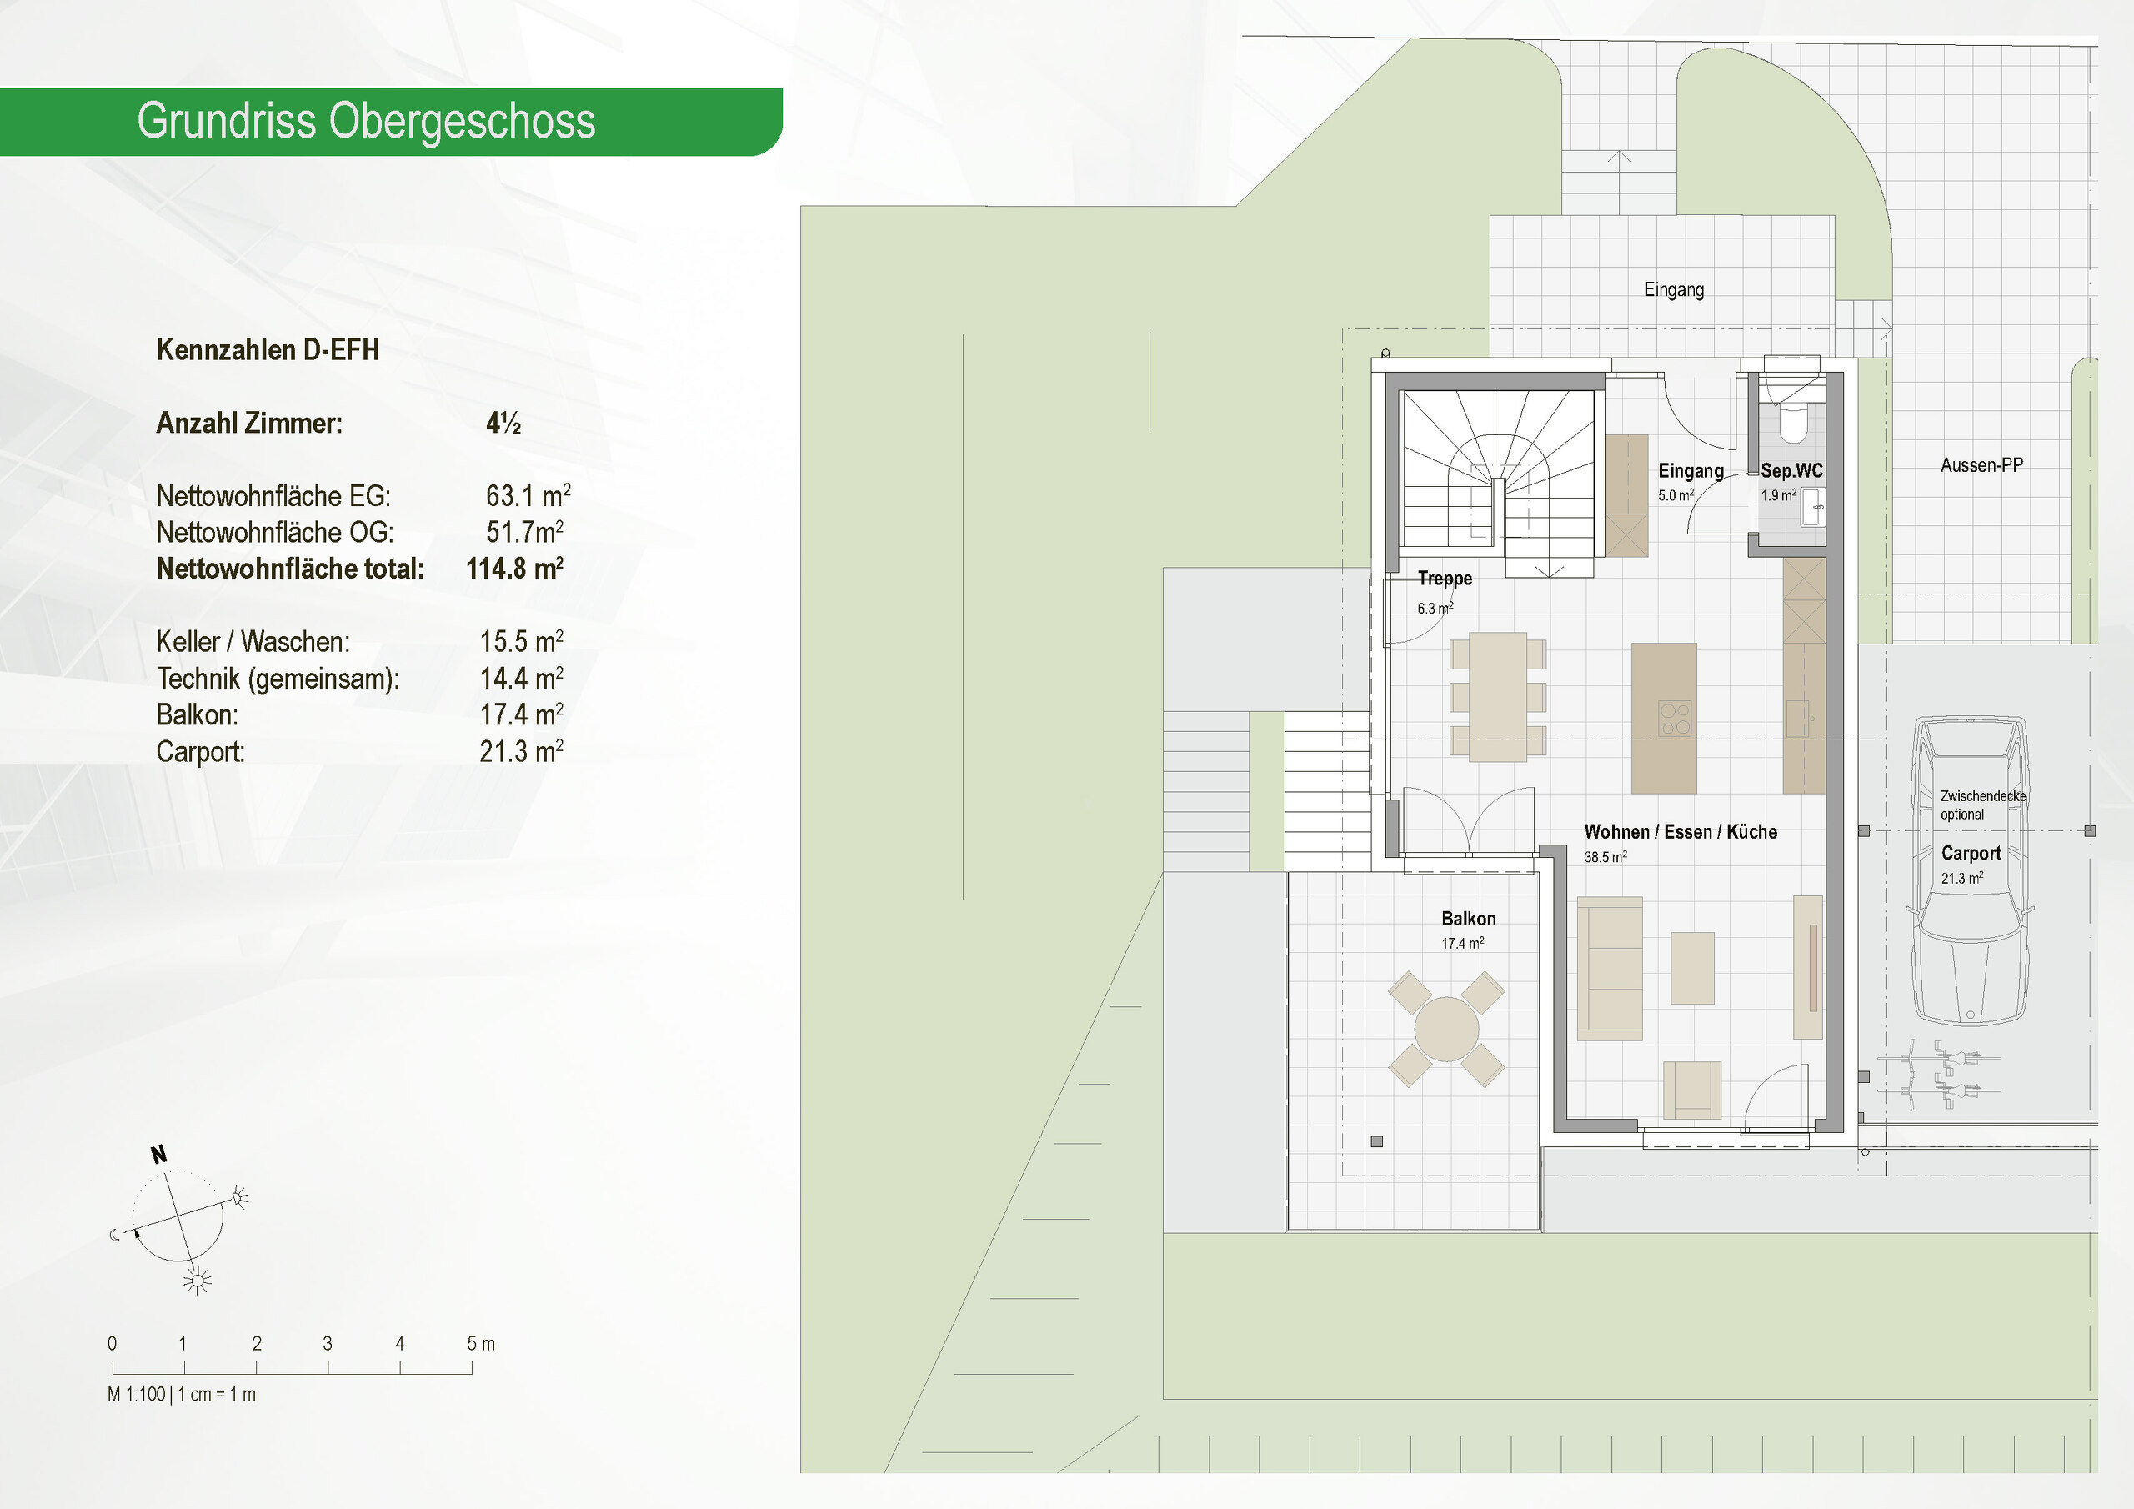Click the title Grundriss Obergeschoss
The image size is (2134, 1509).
click(x=365, y=122)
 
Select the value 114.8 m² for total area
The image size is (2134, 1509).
click(x=514, y=568)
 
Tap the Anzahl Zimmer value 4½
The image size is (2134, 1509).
click(x=503, y=423)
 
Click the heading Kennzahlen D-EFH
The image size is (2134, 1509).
click(x=268, y=350)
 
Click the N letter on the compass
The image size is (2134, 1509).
click(x=159, y=1155)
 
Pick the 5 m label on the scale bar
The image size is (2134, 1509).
click(x=480, y=1343)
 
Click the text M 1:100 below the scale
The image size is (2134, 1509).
click(x=137, y=1395)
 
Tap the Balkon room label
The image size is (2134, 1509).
click(x=1469, y=919)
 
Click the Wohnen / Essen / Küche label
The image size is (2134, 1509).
click(x=1681, y=832)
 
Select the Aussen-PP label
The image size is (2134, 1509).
click(x=1981, y=465)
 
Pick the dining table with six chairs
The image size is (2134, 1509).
click(x=1497, y=697)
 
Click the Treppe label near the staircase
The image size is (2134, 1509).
click(x=1445, y=579)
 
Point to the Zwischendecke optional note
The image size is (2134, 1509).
click(x=1981, y=805)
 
